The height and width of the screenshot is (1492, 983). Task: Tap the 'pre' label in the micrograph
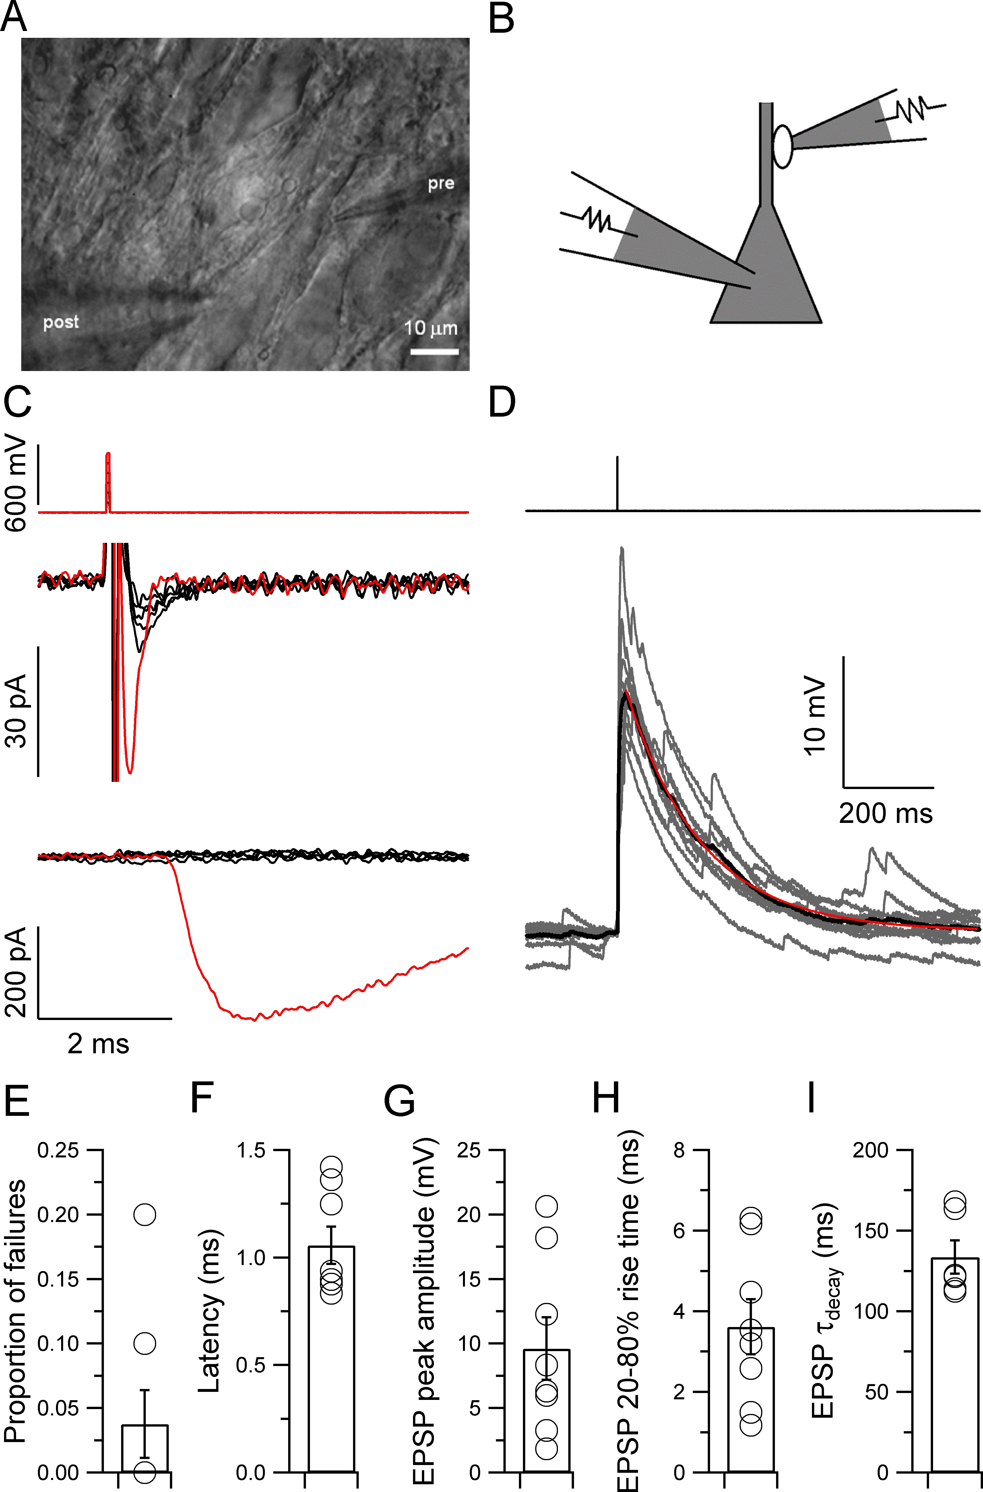441,184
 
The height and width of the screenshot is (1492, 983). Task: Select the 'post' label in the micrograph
61,322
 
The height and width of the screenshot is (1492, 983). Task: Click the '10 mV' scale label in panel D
815,716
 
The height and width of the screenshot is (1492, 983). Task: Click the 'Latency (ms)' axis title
210,1310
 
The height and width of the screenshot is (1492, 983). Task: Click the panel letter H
606,1098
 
